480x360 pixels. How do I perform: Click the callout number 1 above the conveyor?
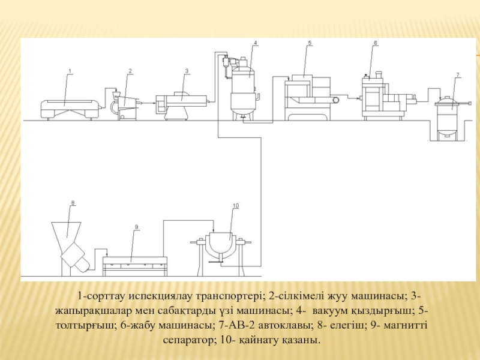[70, 71]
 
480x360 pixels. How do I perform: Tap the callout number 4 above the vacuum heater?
[256, 43]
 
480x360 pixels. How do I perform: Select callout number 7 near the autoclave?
[457, 74]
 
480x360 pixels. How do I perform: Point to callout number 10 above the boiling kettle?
[236, 206]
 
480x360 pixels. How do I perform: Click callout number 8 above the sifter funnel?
[73, 203]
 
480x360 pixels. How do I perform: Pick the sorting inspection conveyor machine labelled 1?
[70, 109]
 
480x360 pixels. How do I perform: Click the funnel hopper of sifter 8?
[67, 233]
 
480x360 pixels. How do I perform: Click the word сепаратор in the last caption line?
[187, 340]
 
